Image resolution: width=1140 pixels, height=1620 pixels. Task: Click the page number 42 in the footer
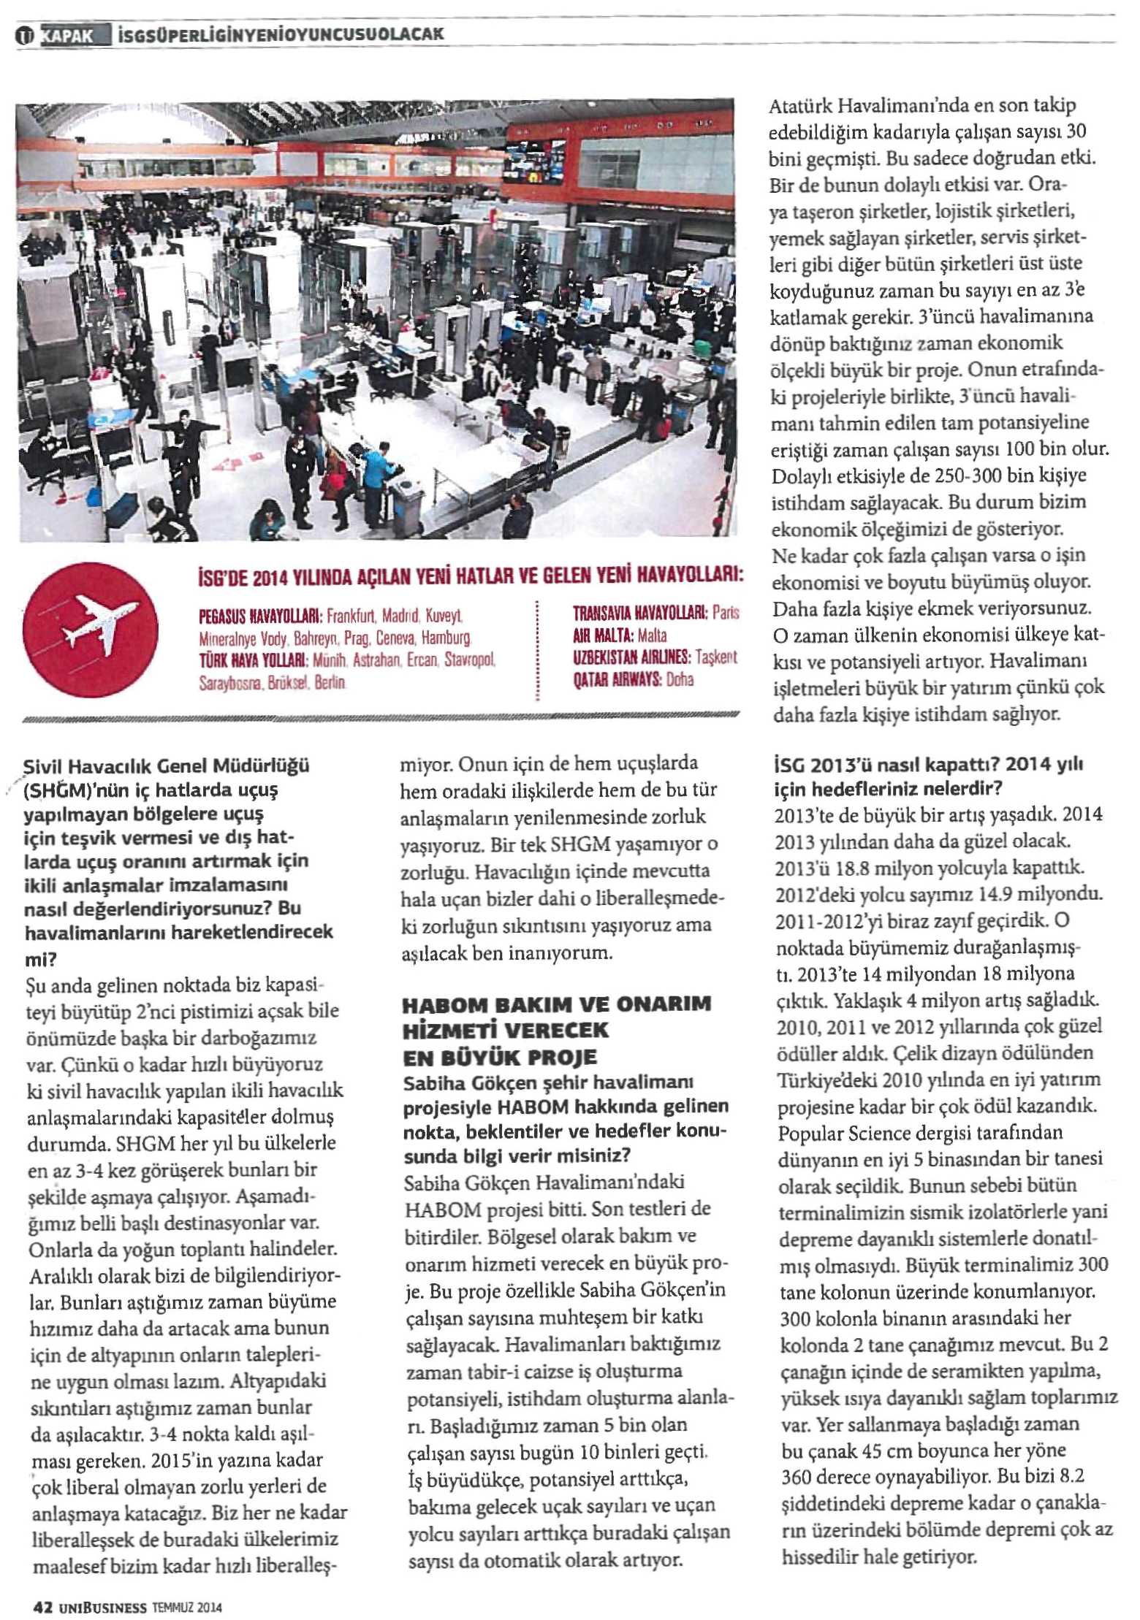(x=42, y=1607)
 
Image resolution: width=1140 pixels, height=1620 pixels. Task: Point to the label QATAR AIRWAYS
(x=617, y=680)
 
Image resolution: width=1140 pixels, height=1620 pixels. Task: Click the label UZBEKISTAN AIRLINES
(x=632, y=657)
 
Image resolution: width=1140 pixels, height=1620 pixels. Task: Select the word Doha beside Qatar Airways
(x=680, y=680)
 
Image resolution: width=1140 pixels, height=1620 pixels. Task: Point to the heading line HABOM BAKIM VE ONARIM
(x=556, y=1004)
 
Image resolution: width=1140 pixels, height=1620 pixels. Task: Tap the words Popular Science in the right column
(x=831, y=1134)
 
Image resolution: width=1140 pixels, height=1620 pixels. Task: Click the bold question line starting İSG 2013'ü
(x=928, y=766)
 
